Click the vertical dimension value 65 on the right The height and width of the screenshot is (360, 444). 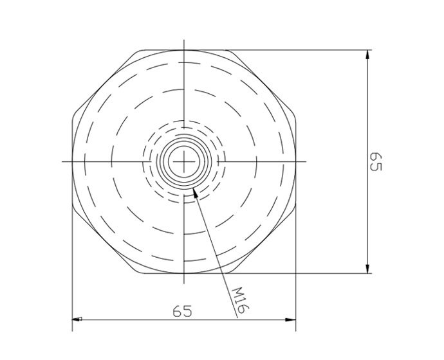point(375,162)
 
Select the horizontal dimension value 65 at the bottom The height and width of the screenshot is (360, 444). point(183,310)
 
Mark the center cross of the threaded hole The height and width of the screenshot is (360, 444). point(185,161)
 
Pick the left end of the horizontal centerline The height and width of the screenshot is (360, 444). point(63,161)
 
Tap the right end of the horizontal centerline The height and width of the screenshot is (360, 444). point(306,161)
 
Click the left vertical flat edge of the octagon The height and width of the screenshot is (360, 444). point(72,161)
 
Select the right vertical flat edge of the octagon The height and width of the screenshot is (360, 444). point(295,161)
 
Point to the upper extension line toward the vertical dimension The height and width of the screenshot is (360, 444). point(302,50)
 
